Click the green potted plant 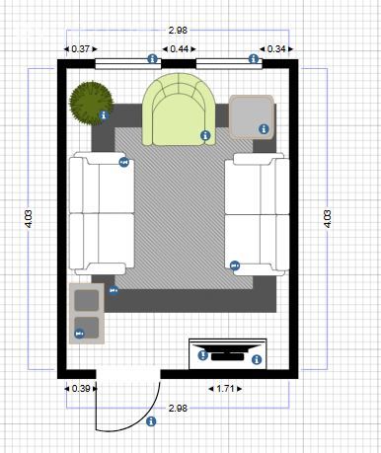[x=91, y=103]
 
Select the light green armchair [x=179, y=110]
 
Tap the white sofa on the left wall [x=102, y=213]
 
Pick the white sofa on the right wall [x=257, y=214]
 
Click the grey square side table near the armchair [x=252, y=116]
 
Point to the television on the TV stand [x=228, y=352]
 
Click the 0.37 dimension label [x=81, y=49]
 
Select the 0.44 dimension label [x=180, y=49]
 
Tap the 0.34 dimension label [x=276, y=49]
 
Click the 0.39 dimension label [x=81, y=389]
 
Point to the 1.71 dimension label [x=225, y=389]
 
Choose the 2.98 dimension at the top [x=178, y=31]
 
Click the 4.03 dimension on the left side [x=29, y=219]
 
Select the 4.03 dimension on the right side [x=328, y=219]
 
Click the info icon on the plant [x=104, y=115]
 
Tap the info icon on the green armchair [x=205, y=135]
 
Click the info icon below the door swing [x=151, y=421]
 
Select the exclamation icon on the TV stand [x=202, y=355]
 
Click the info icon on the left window [x=152, y=59]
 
